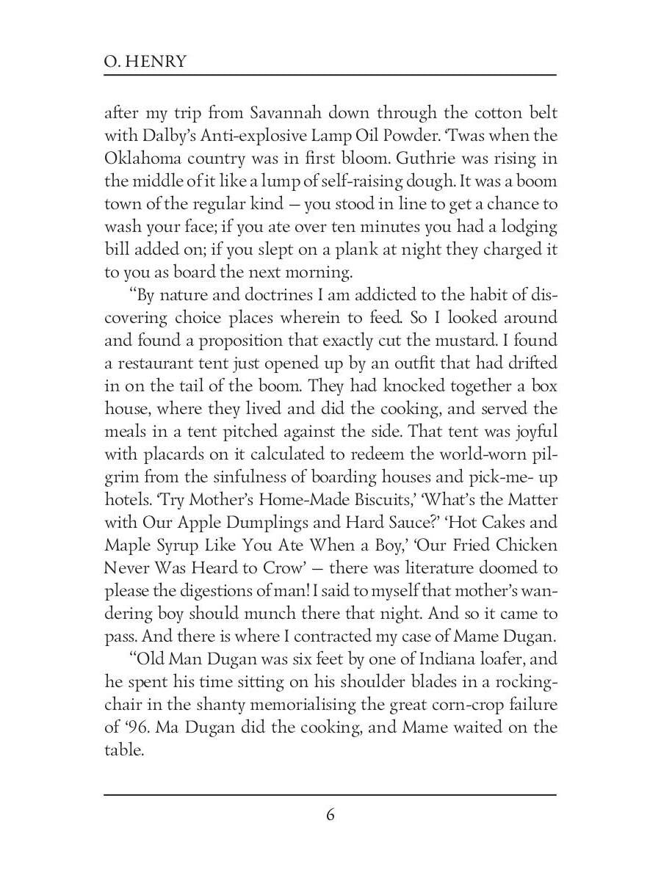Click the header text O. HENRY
(x=145, y=61)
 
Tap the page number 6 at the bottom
(x=330, y=815)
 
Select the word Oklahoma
(x=140, y=159)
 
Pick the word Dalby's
(x=165, y=136)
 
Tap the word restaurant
(x=155, y=363)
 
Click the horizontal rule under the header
(x=330, y=75)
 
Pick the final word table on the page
(x=123, y=750)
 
